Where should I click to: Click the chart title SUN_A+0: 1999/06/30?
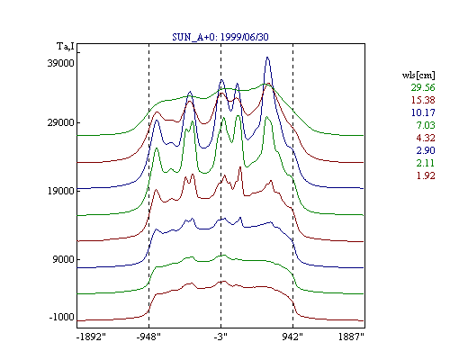pyautogui.click(x=220, y=37)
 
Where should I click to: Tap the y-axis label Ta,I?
pyautogui.click(x=66, y=47)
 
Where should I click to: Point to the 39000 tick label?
pyautogui.click(x=60, y=63)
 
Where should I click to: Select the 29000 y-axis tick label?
pyautogui.click(x=60, y=123)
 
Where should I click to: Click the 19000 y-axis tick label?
pyautogui.click(x=60, y=191)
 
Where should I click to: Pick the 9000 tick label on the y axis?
pyautogui.click(x=63, y=259)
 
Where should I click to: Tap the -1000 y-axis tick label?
pyautogui.click(x=61, y=317)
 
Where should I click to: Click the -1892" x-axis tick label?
pyautogui.click(x=92, y=337)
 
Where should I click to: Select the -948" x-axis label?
pyautogui.click(x=148, y=337)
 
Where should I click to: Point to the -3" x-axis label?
pyautogui.click(x=220, y=337)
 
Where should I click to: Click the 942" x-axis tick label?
pyautogui.click(x=292, y=337)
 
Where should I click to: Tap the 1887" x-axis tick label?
pyautogui.click(x=351, y=337)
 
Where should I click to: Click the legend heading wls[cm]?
pyautogui.click(x=418, y=75)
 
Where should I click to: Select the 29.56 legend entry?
pyautogui.click(x=423, y=87)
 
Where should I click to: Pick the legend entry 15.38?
pyautogui.click(x=423, y=100)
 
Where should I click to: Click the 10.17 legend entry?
pyautogui.click(x=423, y=112)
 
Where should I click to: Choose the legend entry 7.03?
pyautogui.click(x=426, y=125)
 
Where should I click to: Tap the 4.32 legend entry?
pyautogui.click(x=426, y=138)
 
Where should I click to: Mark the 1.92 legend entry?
pyautogui.click(x=426, y=175)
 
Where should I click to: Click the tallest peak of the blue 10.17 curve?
pyautogui.click(x=267, y=58)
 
